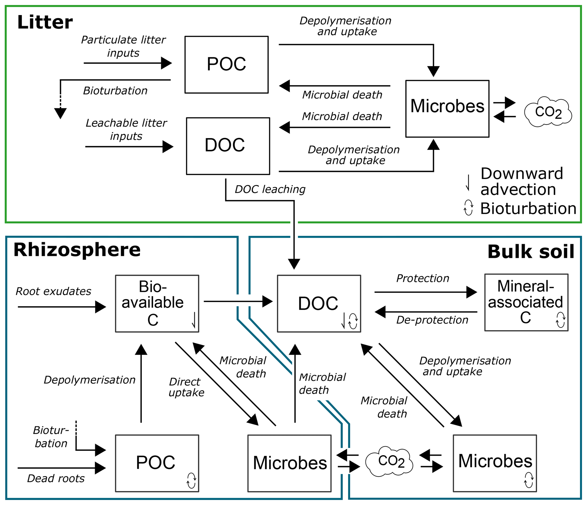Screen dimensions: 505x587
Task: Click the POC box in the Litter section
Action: (x=226, y=65)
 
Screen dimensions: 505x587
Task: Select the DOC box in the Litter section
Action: (x=228, y=146)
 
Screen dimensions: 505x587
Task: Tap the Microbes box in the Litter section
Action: (x=447, y=109)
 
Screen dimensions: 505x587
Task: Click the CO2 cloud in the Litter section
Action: (x=548, y=112)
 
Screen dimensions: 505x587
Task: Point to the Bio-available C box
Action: (x=157, y=303)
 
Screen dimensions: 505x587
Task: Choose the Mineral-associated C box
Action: (x=526, y=302)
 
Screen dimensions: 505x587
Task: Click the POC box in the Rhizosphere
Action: (x=157, y=463)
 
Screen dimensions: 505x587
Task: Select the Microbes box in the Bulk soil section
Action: (x=494, y=463)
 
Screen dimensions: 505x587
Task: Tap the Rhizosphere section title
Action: (x=77, y=250)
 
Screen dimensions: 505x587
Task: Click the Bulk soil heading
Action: (x=530, y=252)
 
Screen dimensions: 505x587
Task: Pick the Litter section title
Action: (x=45, y=22)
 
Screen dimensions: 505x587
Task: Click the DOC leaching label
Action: (x=270, y=189)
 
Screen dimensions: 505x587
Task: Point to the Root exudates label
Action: (x=53, y=291)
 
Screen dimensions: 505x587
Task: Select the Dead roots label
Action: (x=56, y=479)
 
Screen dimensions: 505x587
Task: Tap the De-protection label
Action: (x=432, y=320)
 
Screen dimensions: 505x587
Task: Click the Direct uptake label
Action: (x=186, y=387)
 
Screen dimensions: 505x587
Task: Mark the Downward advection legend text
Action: (x=521, y=181)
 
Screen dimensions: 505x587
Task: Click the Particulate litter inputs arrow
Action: (x=128, y=63)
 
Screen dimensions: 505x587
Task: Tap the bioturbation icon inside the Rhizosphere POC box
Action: (x=191, y=481)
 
